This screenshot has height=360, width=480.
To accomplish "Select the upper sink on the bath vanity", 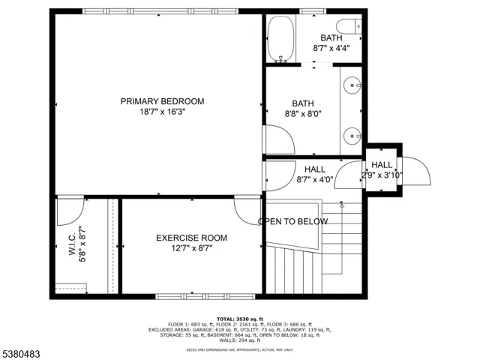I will [x=352, y=86].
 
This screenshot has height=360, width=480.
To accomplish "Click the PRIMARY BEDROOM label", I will [x=162, y=101].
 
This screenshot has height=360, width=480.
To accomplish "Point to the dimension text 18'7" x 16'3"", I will [x=162, y=111].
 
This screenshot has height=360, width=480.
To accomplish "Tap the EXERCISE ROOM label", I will [x=191, y=238].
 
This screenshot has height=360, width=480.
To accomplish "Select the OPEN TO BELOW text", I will [x=293, y=221].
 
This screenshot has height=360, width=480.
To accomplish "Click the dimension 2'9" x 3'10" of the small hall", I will [x=382, y=175].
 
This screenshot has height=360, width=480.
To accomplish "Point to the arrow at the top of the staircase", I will [x=341, y=203].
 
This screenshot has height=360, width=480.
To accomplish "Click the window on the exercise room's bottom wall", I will [x=191, y=295].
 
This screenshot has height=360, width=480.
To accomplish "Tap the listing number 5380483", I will [x=23, y=349].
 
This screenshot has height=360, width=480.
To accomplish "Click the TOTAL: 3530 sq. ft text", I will [x=239, y=318].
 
